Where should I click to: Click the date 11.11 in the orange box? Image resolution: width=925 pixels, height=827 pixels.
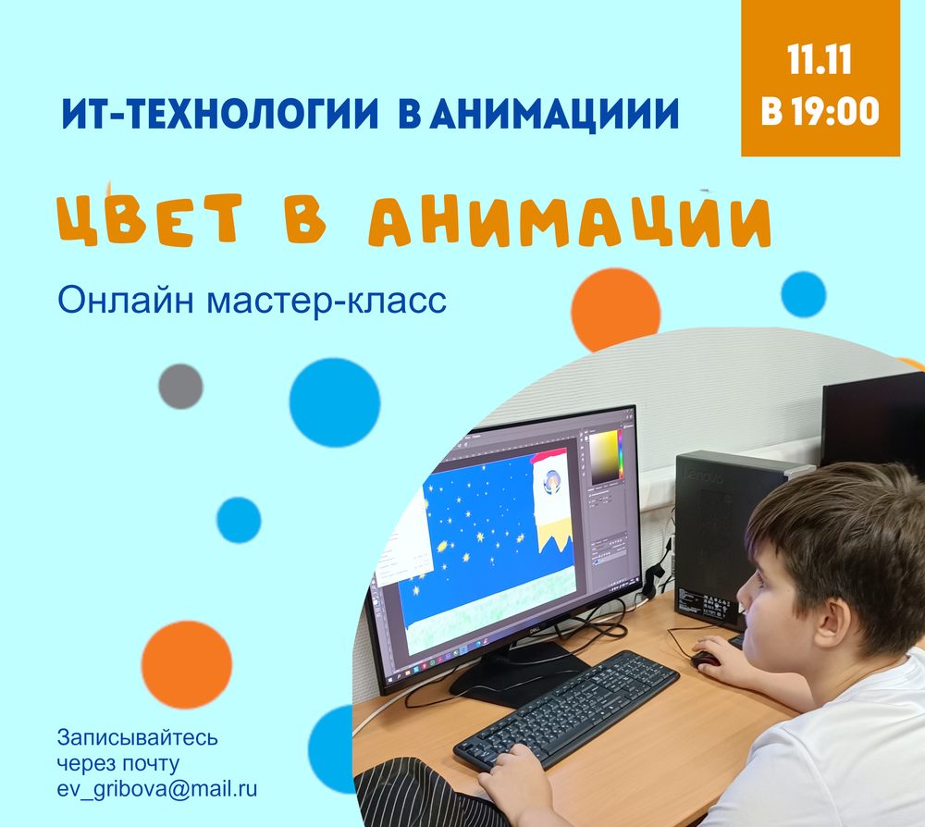[x=820, y=59]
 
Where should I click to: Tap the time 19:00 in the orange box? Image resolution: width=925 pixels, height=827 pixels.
[x=835, y=111]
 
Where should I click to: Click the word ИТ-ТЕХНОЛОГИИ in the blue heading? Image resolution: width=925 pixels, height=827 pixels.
[x=220, y=113]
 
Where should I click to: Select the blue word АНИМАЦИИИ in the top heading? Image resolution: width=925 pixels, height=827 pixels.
[x=555, y=114]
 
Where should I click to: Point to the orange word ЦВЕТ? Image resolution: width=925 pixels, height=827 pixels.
[x=149, y=218]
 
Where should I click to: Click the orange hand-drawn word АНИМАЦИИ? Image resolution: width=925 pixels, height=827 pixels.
[x=570, y=221]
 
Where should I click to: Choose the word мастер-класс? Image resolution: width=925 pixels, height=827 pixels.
[x=327, y=302]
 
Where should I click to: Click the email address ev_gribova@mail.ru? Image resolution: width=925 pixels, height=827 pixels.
[x=157, y=789]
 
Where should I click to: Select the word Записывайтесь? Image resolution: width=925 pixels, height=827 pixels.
[x=138, y=737]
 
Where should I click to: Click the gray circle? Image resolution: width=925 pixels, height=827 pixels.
[x=180, y=387]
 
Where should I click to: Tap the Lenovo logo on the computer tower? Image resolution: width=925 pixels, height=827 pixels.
[x=703, y=475]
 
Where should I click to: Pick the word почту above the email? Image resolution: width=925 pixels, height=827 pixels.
[x=149, y=763]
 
